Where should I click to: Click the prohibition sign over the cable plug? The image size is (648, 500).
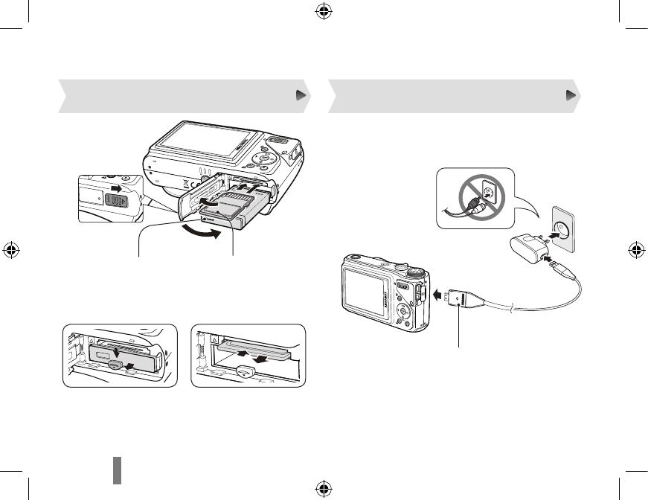[x=475, y=197]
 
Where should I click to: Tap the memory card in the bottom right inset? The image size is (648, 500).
[x=257, y=347]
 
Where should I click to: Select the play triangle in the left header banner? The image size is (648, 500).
[x=301, y=95]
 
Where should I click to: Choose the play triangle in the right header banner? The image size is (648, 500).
[x=571, y=95]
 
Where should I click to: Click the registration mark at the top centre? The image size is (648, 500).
[x=323, y=12]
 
